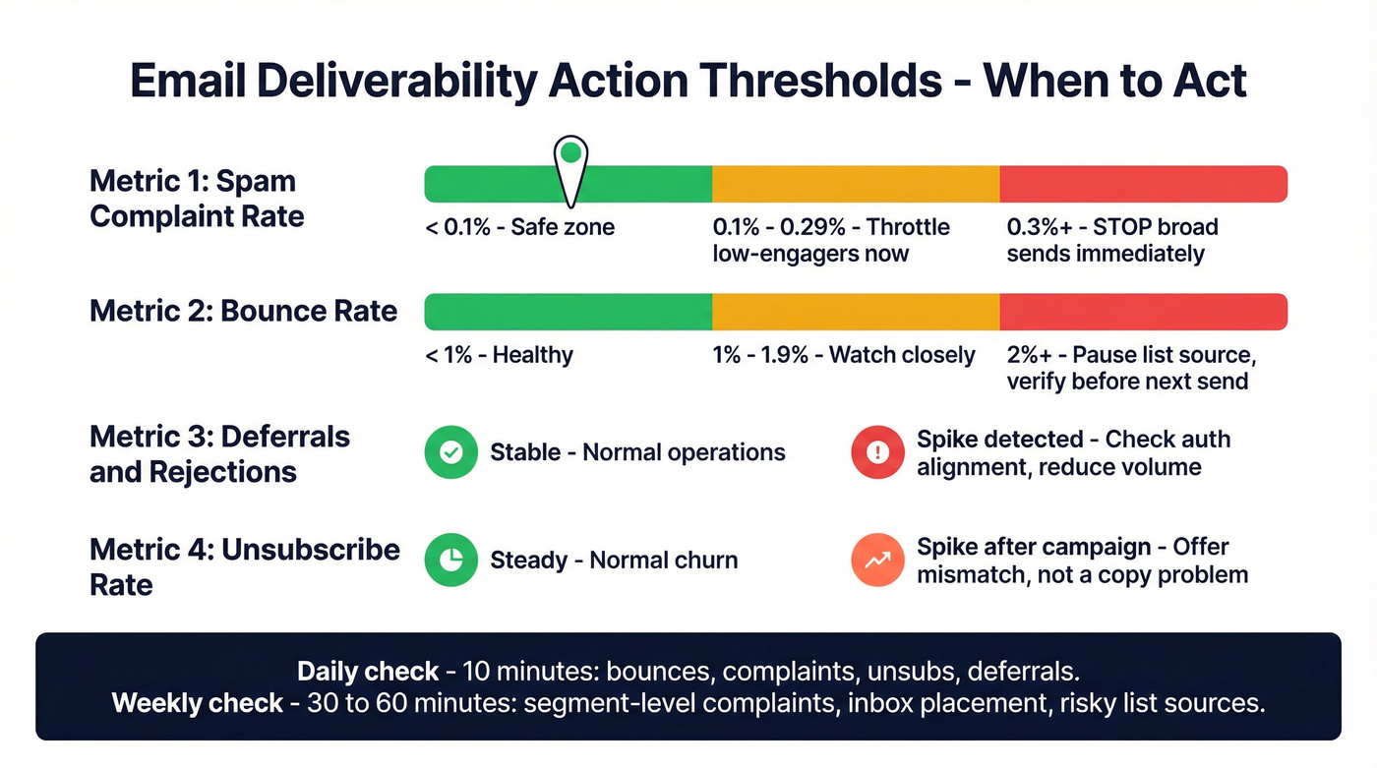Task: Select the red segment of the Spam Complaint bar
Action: click(1143, 184)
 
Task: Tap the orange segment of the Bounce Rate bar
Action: click(856, 312)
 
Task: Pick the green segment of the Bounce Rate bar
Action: click(568, 312)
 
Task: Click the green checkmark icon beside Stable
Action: click(450, 452)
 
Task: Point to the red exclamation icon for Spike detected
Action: click(877, 452)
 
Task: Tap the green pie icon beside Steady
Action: click(450, 561)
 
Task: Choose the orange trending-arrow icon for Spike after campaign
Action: click(877, 561)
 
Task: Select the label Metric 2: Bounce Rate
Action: click(243, 311)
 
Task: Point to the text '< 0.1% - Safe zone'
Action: click(519, 227)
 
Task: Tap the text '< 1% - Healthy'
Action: click(499, 355)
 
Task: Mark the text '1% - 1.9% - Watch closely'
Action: click(844, 355)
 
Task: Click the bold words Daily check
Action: click(368, 672)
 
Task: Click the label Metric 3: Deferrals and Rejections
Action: click(219, 453)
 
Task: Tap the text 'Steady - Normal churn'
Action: click(614, 561)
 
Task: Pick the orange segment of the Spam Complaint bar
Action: click(856, 184)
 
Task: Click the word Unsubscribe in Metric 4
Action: click(310, 549)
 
